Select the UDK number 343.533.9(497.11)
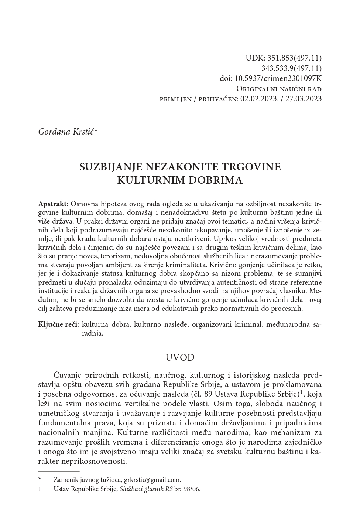click(x=291, y=68)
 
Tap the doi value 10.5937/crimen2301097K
click(x=281, y=78)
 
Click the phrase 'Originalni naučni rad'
click(x=279, y=89)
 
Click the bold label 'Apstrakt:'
click(x=53, y=204)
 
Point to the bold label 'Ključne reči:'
click(x=58, y=325)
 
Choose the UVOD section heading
click(x=180, y=357)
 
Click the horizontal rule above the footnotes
click(x=59, y=472)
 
